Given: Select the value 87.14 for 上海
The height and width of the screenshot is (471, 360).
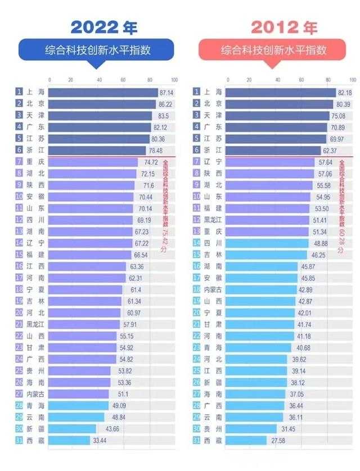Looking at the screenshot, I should click(166, 92).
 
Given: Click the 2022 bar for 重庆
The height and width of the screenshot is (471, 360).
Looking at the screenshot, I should click(93, 162).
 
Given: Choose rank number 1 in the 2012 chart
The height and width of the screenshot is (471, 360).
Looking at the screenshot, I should click(197, 92).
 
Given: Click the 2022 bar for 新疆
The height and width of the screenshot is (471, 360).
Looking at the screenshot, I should click(73, 428).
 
